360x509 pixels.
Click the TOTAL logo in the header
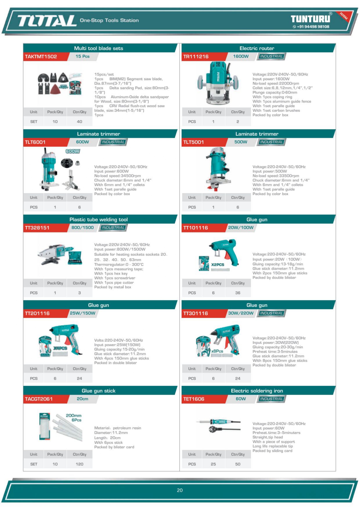tap(47, 21)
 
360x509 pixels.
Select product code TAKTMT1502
tap(41, 57)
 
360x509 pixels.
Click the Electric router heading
tap(257, 48)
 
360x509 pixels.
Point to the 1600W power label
tap(241, 56)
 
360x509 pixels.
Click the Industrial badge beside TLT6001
tap(113, 142)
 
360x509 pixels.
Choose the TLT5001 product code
tap(193, 142)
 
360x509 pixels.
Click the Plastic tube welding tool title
tap(99, 220)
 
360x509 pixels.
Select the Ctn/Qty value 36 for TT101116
tap(238, 293)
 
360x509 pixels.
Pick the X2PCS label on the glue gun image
tap(218, 265)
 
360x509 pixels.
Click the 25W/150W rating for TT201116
tap(82, 313)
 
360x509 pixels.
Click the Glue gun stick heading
tap(99, 391)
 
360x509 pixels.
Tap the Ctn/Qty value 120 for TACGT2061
tap(79, 464)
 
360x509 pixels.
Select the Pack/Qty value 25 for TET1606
tap(213, 464)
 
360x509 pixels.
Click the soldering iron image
tap(219, 425)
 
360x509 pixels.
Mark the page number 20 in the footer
tap(180, 490)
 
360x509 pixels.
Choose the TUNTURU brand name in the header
tap(310, 19)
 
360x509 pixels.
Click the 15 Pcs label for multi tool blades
tap(82, 56)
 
